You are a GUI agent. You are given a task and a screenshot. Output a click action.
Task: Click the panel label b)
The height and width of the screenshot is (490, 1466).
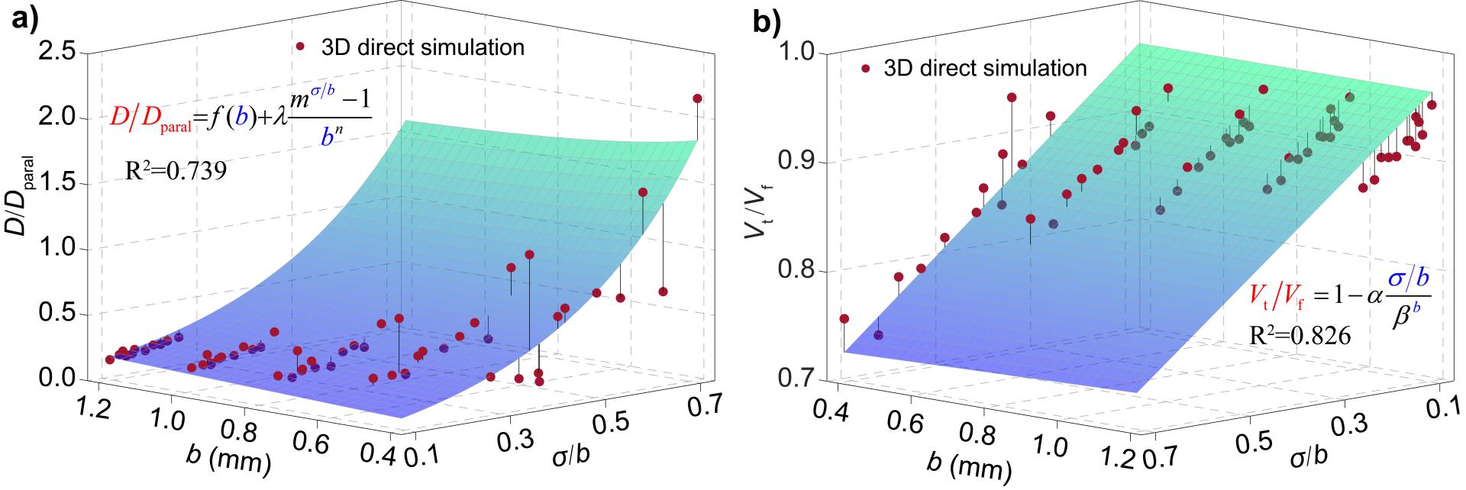click(x=767, y=22)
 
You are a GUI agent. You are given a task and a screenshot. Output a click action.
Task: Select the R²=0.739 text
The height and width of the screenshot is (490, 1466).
click(x=176, y=172)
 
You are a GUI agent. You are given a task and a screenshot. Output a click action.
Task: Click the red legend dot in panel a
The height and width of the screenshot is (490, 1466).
click(x=302, y=47)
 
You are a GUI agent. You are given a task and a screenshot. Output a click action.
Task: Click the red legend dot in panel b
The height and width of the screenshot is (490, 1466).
click(x=865, y=69)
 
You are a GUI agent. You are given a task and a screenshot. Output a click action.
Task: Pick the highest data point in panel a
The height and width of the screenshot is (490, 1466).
click(x=697, y=98)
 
